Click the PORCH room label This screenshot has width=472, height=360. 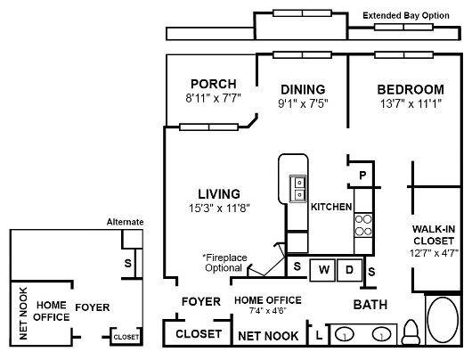(213, 85)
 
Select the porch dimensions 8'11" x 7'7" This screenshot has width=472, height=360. (213, 99)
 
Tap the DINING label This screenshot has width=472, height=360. (302, 89)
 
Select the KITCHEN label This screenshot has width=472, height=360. (330, 207)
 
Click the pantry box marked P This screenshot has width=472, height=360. (362, 176)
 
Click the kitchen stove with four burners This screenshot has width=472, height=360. (363, 224)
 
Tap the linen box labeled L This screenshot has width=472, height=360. (319, 336)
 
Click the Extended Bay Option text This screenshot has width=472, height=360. (411, 16)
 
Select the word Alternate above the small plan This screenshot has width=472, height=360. (125, 222)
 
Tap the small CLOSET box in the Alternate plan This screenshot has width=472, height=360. (126, 337)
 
